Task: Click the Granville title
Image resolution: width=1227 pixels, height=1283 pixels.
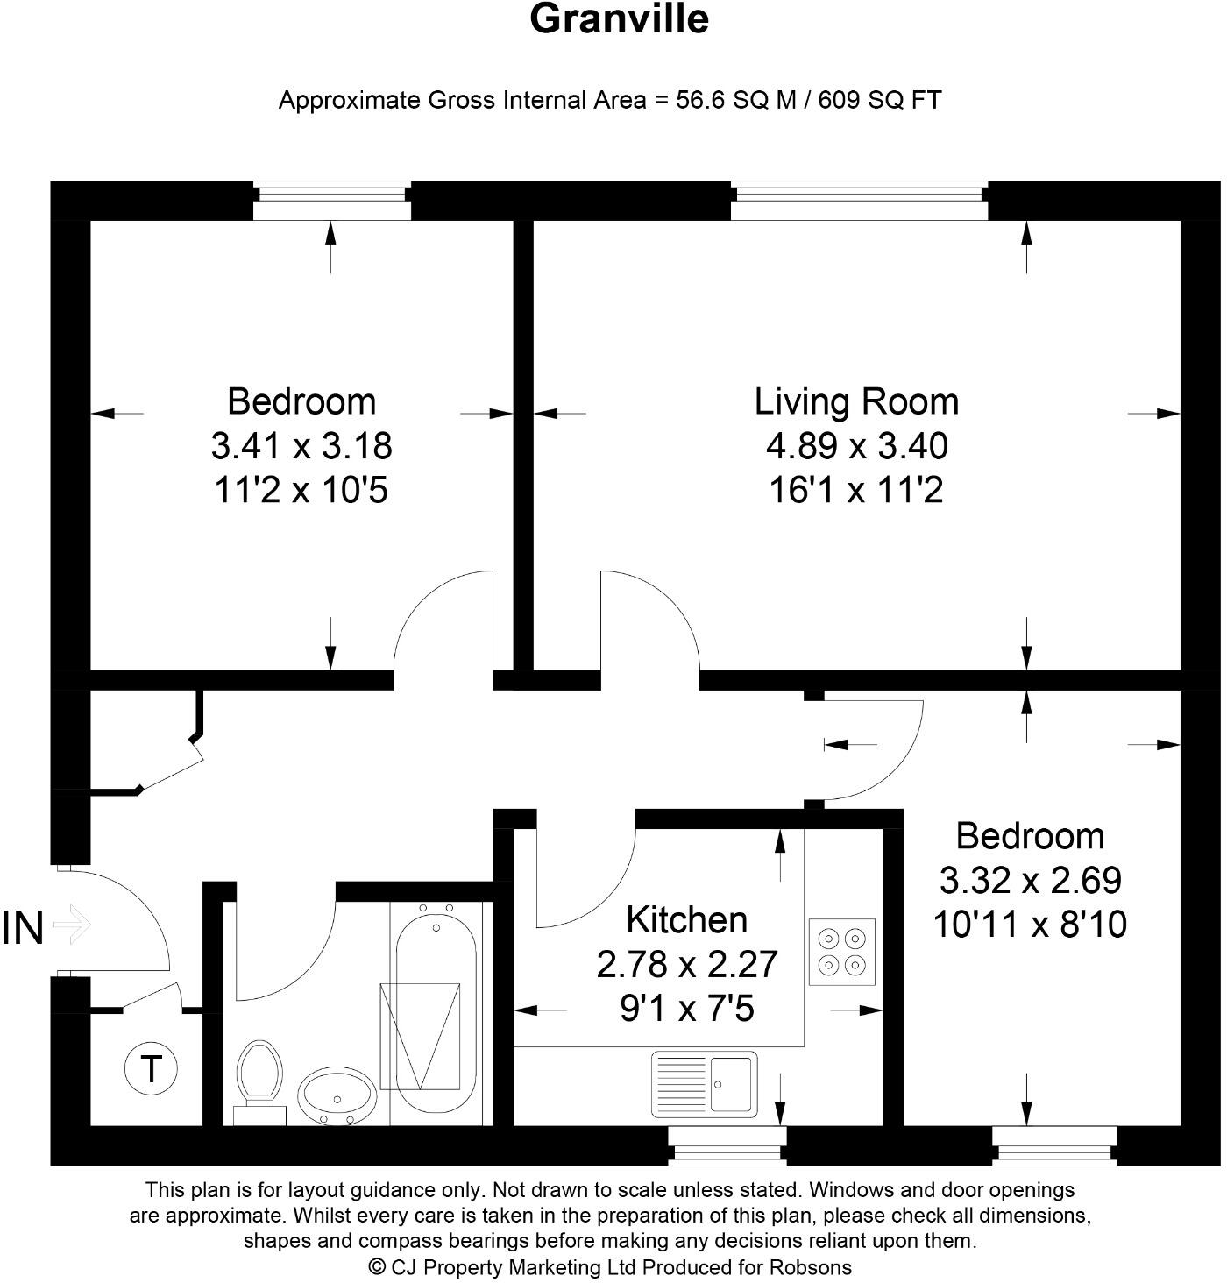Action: pyautogui.click(x=619, y=19)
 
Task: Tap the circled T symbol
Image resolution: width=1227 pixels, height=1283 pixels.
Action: pyautogui.click(x=152, y=1069)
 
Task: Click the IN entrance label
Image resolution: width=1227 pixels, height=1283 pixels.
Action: pyautogui.click(x=23, y=928)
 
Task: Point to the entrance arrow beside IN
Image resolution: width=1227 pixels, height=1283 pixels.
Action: pyautogui.click(x=72, y=925)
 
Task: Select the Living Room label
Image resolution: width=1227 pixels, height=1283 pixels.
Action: pyautogui.click(x=856, y=401)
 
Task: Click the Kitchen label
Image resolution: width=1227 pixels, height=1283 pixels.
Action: pyautogui.click(x=687, y=919)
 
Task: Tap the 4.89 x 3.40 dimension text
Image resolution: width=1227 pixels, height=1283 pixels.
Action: pyautogui.click(x=856, y=446)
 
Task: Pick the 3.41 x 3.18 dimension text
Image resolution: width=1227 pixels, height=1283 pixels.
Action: pyautogui.click(x=301, y=446)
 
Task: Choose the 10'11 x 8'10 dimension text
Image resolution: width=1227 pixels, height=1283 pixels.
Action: pyautogui.click(x=1030, y=925)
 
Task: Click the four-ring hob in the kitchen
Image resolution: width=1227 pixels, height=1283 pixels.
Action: pyautogui.click(x=841, y=953)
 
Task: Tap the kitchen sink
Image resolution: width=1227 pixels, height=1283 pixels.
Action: pyautogui.click(x=705, y=1084)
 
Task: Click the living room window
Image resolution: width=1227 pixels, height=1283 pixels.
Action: pyautogui.click(x=859, y=202)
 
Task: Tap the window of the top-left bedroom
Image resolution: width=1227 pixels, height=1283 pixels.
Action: pyautogui.click(x=331, y=202)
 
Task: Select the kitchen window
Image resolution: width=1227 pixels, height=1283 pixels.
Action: pyautogui.click(x=727, y=1145)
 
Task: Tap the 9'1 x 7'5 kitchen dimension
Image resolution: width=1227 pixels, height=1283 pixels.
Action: pyautogui.click(x=687, y=1010)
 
